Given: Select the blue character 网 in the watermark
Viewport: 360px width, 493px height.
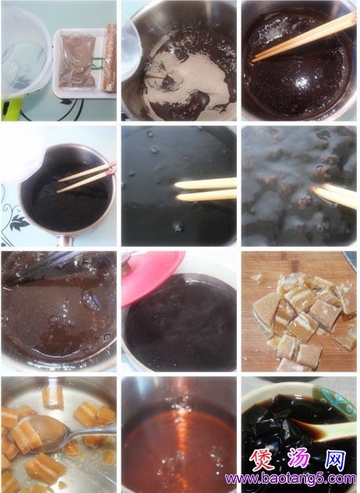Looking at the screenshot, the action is click(x=335, y=460).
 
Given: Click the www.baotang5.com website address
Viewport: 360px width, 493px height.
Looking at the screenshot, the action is click(x=291, y=479).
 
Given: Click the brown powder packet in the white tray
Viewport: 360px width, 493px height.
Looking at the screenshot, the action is click(x=77, y=61).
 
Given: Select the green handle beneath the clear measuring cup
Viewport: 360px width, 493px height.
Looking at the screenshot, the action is click(x=11, y=109).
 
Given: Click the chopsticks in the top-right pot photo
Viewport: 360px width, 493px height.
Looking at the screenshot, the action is click(x=304, y=36).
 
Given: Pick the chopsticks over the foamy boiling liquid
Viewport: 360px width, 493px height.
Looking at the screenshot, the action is click(x=336, y=195).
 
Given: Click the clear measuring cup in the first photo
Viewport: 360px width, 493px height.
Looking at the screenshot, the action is click(x=25, y=52).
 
